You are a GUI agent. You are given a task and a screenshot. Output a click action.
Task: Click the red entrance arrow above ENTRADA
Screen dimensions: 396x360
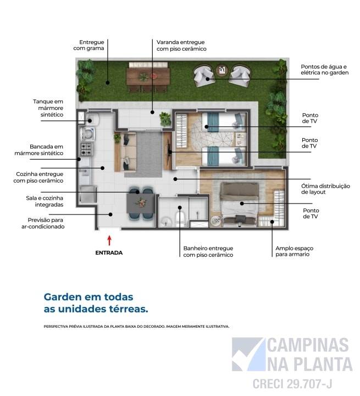[x=109, y=240]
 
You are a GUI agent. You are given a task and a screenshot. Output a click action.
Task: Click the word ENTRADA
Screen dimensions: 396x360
[x=109, y=253]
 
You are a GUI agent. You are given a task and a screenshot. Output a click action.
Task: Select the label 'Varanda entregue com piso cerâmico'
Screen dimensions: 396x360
[x=181, y=45]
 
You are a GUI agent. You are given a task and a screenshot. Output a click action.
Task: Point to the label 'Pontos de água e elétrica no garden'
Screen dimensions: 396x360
[x=324, y=69]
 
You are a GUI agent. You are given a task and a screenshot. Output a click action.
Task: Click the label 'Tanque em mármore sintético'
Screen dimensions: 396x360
[x=48, y=108]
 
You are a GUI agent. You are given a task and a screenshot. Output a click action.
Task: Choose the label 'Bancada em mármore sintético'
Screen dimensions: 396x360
[x=47, y=150]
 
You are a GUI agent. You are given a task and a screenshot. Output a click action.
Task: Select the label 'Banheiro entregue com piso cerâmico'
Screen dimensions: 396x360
[x=208, y=251]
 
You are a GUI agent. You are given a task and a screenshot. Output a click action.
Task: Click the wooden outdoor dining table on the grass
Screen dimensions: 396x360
[x=148, y=76]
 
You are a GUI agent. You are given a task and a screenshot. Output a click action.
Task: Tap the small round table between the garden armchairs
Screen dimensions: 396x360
[x=222, y=70]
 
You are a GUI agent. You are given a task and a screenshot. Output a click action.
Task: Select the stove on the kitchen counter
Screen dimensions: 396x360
[x=86, y=147]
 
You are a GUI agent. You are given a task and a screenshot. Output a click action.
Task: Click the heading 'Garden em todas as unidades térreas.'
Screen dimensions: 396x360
[x=96, y=302]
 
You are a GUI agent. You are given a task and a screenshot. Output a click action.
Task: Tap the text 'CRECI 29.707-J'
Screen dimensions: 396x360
[x=292, y=383]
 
